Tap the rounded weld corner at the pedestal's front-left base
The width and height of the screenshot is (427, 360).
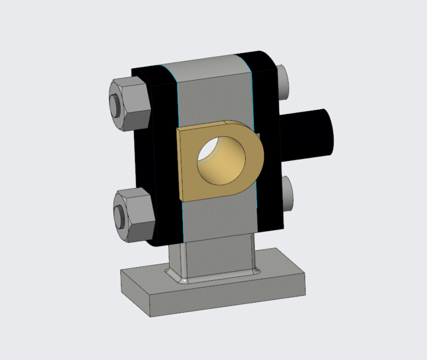(x=179, y=277)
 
